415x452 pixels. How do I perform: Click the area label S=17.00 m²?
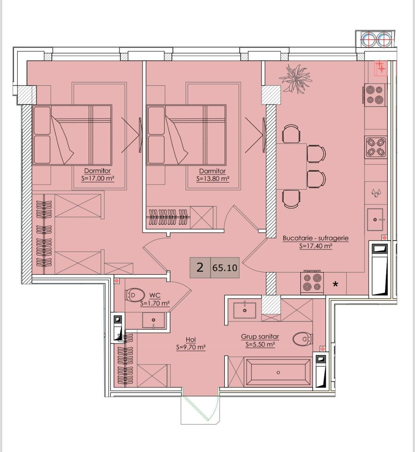(98, 178)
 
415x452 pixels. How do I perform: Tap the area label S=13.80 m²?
(213, 178)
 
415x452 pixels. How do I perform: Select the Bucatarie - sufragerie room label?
(315, 238)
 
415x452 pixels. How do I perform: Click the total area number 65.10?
(225, 268)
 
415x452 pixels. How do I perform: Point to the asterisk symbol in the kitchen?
(335, 285)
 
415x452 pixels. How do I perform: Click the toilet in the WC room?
(134, 295)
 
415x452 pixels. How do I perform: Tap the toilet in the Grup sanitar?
(302, 339)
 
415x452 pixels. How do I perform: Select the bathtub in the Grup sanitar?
(278, 372)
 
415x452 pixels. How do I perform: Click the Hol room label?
(191, 340)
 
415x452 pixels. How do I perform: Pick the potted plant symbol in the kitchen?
(295, 78)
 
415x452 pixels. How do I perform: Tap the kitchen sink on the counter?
(375, 219)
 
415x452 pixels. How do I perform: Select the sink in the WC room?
(153, 320)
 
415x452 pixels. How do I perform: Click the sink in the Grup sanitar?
(245, 310)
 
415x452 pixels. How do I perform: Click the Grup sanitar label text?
(260, 337)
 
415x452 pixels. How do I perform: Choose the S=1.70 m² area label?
(155, 303)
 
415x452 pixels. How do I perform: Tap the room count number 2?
(200, 267)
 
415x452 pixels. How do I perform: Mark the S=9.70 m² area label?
(191, 347)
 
